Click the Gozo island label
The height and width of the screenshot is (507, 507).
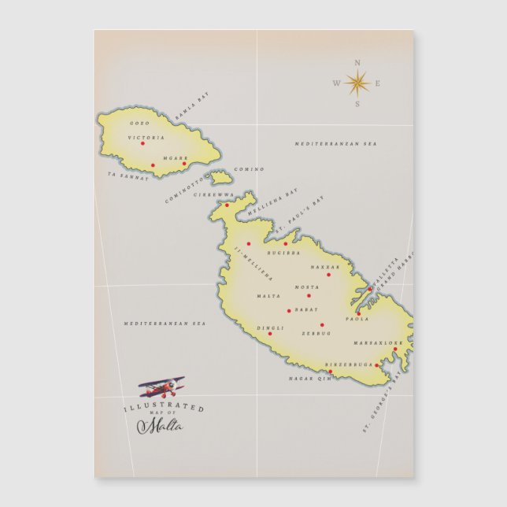pos(139,124)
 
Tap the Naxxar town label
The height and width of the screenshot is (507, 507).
pos(325,267)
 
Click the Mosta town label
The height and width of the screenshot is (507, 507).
pos(307,287)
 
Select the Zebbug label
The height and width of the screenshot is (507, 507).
pos(316,333)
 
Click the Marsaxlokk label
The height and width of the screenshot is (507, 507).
pos(378,343)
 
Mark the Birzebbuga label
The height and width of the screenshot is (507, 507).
pos(346,365)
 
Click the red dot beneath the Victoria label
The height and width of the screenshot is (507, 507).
pos(142,143)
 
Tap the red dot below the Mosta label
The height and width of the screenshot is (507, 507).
pos(309,295)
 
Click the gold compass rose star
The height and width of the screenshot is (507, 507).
pos(357,82)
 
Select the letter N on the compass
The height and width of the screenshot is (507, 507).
pos(357,62)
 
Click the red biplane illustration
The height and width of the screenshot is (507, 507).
pos(162,387)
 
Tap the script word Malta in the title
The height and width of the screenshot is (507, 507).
pos(160,426)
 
